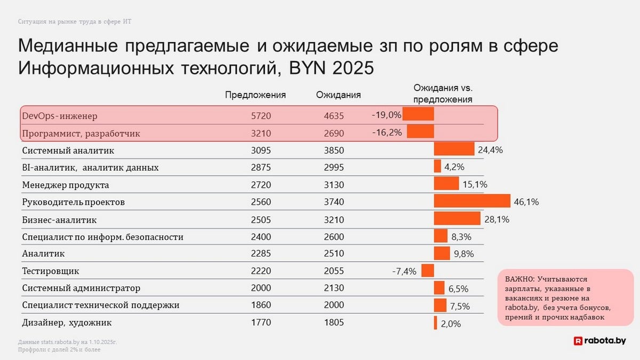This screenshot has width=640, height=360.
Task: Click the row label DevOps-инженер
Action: pos(60,116)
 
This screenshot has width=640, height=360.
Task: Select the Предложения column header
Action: pos(255,95)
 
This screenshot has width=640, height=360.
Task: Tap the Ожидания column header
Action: pos(338,95)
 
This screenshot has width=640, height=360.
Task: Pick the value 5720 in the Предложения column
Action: pos(261,116)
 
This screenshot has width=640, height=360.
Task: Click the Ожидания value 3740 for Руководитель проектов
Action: pos(334,202)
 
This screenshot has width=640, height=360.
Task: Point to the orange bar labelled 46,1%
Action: pos(472,201)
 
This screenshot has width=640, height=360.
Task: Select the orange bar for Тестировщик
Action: pos(428,270)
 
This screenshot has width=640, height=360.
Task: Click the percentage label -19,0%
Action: pos(387,115)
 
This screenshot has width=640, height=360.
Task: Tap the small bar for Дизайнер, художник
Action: pos(436,323)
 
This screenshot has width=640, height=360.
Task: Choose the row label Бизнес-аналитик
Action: pos(60,220)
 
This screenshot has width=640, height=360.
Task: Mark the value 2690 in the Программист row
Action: pos(334,133)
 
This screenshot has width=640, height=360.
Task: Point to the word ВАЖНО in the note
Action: pos(517,279)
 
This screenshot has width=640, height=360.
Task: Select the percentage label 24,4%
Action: pos(490,150)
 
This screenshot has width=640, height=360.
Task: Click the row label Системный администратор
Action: pos(81,288)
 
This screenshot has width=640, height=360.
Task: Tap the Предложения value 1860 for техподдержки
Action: pos(261,305)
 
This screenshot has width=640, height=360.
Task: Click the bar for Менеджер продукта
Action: pos(446,184)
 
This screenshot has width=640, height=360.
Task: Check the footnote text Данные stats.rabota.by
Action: pos(67,341)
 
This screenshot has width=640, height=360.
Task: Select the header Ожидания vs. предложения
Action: pos(443,93)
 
